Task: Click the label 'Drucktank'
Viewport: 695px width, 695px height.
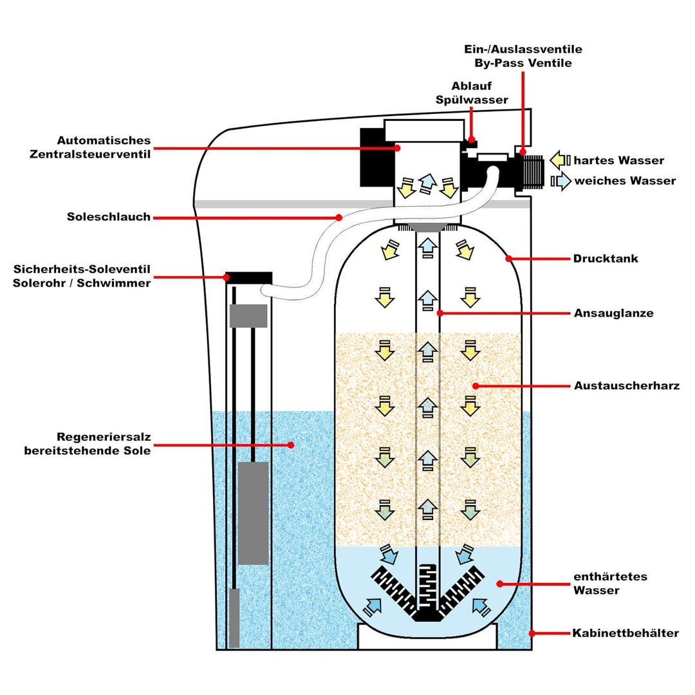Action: [605, 259]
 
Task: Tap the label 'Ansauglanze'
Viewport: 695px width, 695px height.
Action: [613, 313]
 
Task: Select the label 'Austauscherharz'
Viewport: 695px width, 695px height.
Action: [626, 386]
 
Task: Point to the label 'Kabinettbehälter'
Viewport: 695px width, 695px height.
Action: [625, 633]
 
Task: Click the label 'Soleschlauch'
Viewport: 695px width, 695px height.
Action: [109, 217]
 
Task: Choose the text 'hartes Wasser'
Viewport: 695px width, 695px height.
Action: [618, 160]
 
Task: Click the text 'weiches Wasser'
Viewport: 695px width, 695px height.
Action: [625, 181]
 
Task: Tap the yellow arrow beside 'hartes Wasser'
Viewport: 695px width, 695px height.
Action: [560, 160]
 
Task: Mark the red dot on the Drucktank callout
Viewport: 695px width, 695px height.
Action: [508, 259]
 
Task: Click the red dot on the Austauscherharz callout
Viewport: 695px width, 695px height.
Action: [475, 386]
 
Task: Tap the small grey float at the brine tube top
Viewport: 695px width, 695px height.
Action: [248, 315]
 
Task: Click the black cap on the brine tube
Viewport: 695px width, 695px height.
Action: [248, 276]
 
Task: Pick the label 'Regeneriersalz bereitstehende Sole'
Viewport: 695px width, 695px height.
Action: [88, 444]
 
